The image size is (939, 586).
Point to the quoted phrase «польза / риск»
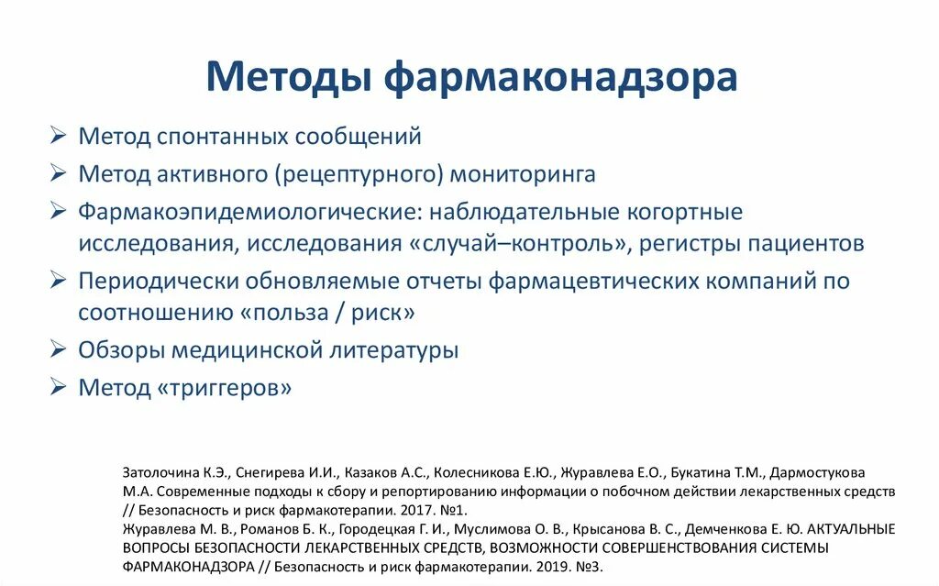tap(327, 313)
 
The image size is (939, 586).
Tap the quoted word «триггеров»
tap(225, 387)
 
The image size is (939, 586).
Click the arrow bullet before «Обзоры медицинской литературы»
tap(59, 349)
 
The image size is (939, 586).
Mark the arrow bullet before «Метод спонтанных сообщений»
tap(59, 137)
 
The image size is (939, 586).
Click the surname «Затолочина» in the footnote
tap(156, 473)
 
